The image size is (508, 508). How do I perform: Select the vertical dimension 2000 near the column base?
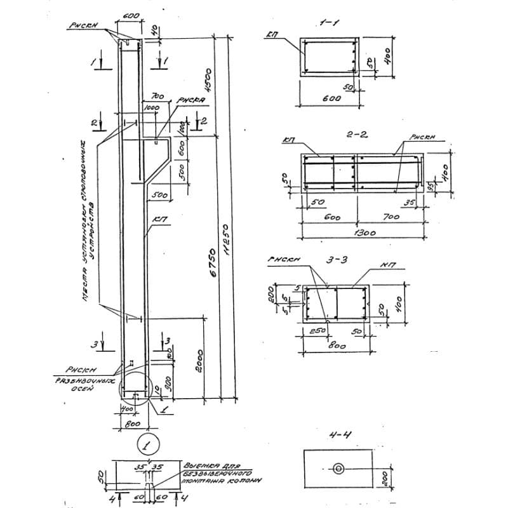199,361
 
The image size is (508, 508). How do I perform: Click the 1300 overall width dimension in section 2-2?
365,232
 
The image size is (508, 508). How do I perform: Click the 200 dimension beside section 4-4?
384,478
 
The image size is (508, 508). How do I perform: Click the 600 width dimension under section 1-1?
331,98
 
